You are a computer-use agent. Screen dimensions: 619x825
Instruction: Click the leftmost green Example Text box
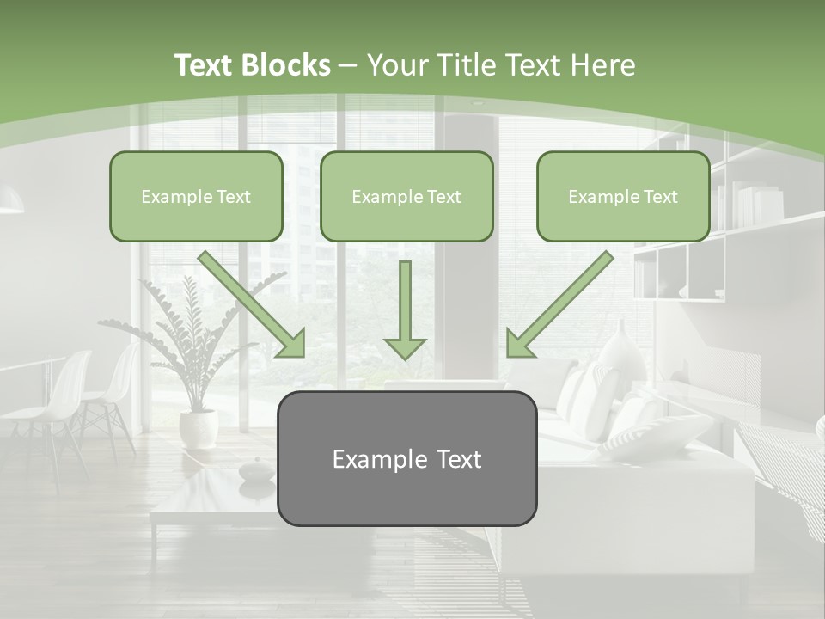(x=196, y=196)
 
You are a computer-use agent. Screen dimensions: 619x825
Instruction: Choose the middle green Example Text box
(x=406, y=196)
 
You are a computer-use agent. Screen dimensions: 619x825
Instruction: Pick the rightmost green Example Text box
(x=623, y=196)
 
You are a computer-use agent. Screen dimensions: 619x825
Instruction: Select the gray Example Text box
(x=406, y=458)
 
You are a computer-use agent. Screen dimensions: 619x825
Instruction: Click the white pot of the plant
(x=198, y=428)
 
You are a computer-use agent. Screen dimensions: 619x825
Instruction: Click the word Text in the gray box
(x=455, y=459)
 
